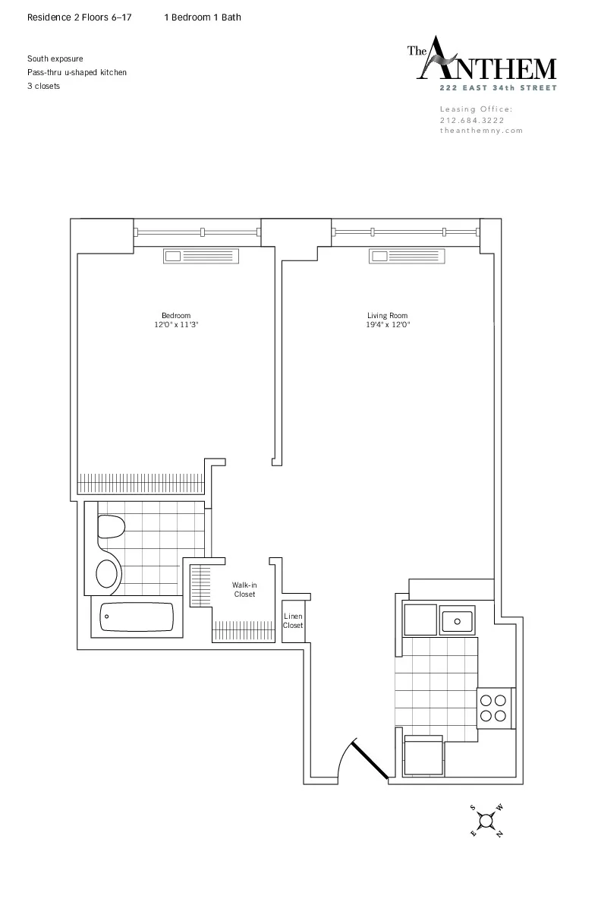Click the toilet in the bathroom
point(111,526)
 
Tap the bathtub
point(137,617)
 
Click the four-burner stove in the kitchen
point(494,708)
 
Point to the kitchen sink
point(458,620)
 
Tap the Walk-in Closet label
point(244,589)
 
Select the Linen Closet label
point(293,621)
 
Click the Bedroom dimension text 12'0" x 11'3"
point(176,325)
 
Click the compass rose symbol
point(486,821)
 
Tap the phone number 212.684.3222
point(471,120)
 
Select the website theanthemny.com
point(481,131)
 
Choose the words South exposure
point(55,58)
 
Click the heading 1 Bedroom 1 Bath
point(203,17)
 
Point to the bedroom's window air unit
point(201,257)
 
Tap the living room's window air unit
point(407,257)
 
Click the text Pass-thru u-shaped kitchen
point(77,72)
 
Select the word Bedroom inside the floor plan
point(176,315)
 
